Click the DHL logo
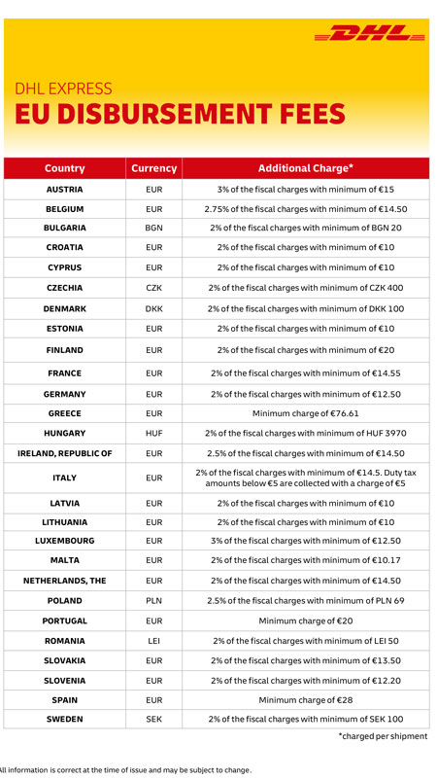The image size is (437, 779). pos(370,33)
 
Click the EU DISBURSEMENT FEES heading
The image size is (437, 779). pos(180,114)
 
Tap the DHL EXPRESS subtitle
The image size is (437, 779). pos(63,89)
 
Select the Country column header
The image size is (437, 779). pos(64,168)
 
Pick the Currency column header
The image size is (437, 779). pos(153,168)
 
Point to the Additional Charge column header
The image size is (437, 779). pos(306,168)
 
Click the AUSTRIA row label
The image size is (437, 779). pos(64,190)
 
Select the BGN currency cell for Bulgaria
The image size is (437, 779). pos(153,228)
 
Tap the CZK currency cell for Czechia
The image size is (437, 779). pos(153,288)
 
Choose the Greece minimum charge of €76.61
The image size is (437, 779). pos(306,413)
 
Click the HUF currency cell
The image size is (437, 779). pos(153,433)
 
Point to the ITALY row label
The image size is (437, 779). pos(64,478)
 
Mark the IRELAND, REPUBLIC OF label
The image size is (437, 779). pos(64,453)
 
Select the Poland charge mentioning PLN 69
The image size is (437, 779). pos(306,601)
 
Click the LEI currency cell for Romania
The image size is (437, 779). pos(153,641)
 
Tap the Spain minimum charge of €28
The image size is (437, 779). pos(306,700)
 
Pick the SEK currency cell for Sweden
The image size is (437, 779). pos(153,719)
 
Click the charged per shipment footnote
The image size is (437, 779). pos(383,736)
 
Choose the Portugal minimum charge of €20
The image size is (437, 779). pos(306,621)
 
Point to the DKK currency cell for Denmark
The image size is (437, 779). pos(153,308)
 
